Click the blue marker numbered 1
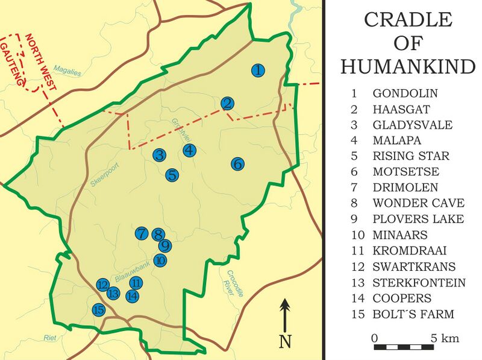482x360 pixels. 258,71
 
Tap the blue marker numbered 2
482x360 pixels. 227,104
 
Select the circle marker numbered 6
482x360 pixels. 237,163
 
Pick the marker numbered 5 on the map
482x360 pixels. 172,175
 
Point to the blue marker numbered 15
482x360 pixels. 99,310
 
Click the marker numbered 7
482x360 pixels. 142,233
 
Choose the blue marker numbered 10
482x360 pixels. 160,261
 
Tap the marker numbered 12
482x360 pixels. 102,284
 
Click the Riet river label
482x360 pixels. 49,338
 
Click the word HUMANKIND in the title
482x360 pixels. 408,66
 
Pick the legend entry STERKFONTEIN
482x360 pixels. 419,283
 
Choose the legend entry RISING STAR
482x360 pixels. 411,156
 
